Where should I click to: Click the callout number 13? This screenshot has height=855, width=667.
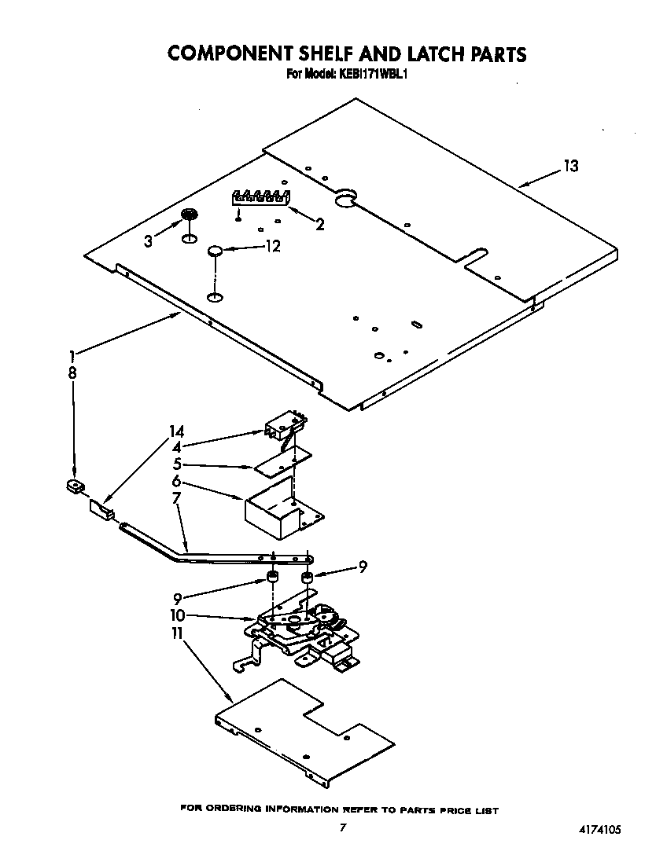point(570,166)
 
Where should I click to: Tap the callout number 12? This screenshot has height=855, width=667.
point(272,246)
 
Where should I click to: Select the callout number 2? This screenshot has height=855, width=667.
point(319,225)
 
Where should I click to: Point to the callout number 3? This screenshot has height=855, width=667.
point(148,242)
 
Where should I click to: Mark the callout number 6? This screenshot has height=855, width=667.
point(176,481)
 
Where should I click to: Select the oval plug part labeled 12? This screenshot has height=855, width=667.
point(215,251)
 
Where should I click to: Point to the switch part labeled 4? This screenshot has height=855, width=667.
point(283,428)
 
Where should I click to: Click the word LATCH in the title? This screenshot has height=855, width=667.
point(432,53)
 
